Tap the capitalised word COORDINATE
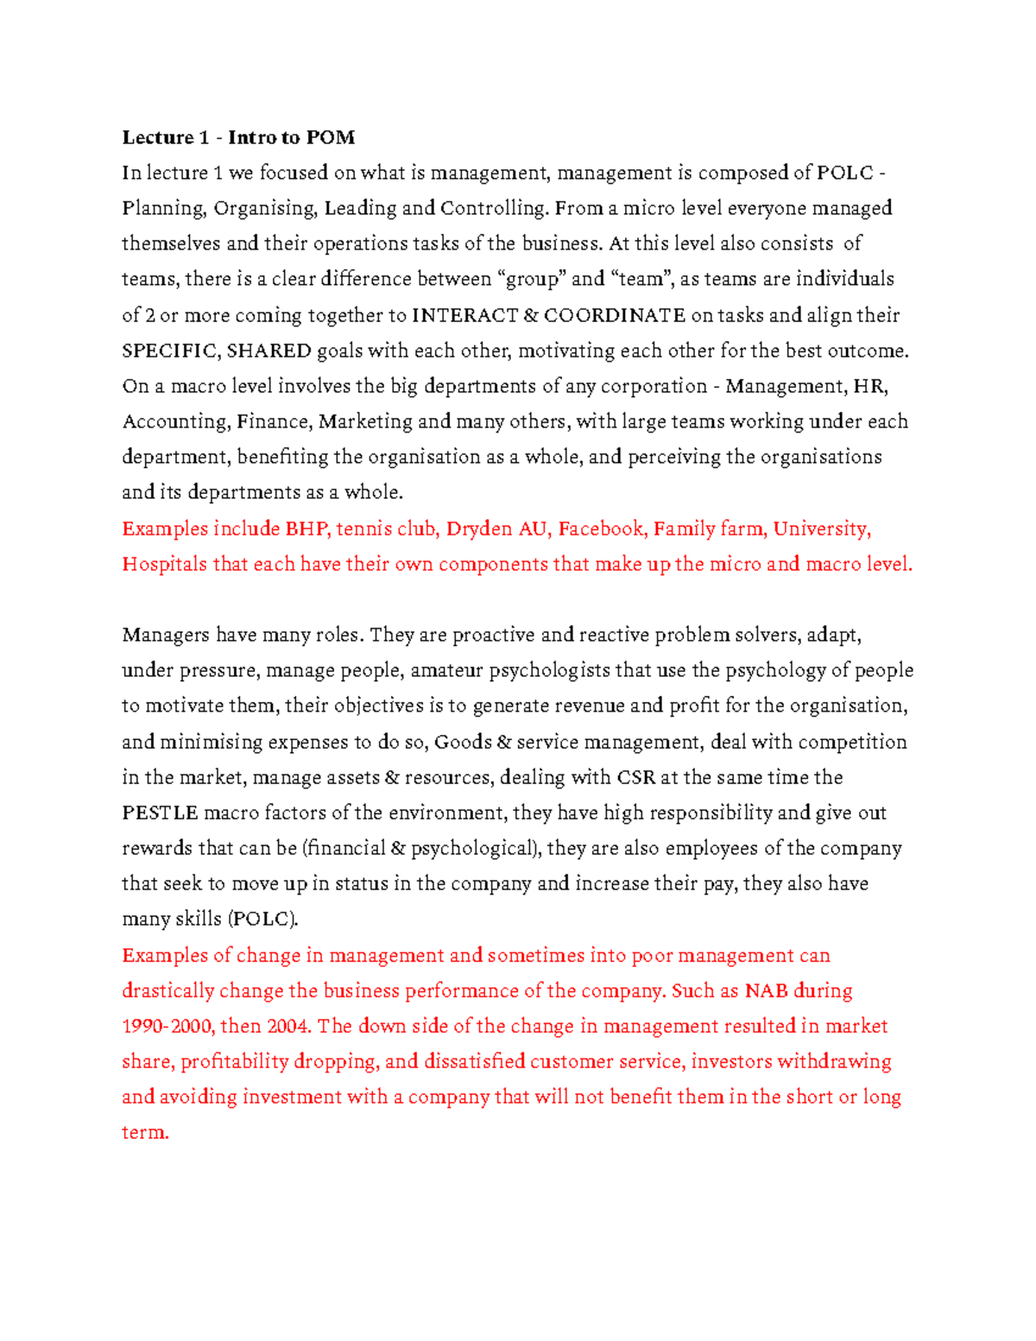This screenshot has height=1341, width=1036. pos(614,315)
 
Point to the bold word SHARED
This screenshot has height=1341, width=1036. pos(268,351)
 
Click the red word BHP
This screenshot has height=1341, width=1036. pos(306,528)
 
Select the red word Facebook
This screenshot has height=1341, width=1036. pos(602,528)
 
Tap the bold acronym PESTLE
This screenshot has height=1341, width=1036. pos(160,813)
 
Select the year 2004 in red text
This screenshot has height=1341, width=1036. pos(287,1026)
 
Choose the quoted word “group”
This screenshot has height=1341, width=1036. pos(531,279)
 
